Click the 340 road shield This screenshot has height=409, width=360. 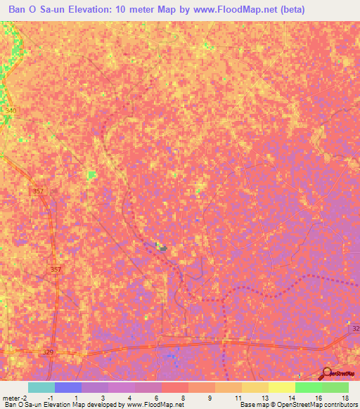click(x=9, y=111)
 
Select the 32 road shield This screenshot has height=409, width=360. click(x=355, y=329)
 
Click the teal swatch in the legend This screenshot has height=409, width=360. click(x=41, y=387)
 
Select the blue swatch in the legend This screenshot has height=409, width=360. click(x=67, y=387)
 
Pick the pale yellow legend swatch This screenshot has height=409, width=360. click(x=281, y=387)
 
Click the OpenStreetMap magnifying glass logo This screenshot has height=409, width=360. click(x=327, y=373)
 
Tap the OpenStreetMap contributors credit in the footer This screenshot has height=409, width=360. click(x=323, y=405)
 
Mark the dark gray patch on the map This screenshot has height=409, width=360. click(x=162, y=248)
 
